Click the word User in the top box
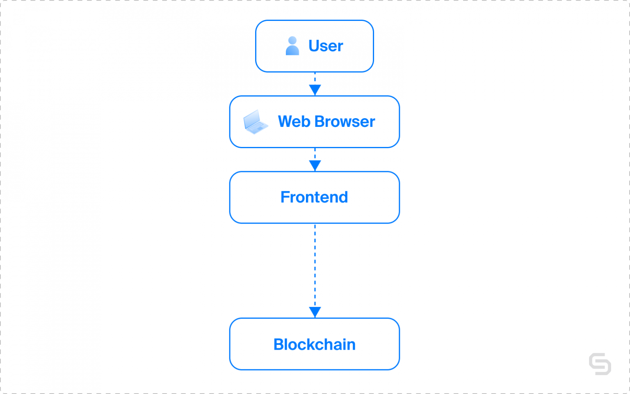[x=326, y=46]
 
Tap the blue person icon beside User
[x=292, y=46]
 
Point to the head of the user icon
[x=292, y=40]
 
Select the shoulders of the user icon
[x=292, y=51]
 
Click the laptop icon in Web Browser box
[x=255, y=122]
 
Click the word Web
[x=294, y=121]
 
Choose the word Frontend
[x=314, y=197]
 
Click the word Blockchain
[x=314, y=344]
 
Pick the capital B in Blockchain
[x=278, y=344]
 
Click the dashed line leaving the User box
[x=315, y=78]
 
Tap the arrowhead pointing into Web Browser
[x=315, y=90]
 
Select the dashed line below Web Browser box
[x=315, y=153]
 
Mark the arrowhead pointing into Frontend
[x=315, y=165]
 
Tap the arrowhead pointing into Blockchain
[x=315, y=312]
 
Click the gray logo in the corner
[x=600, y=364]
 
